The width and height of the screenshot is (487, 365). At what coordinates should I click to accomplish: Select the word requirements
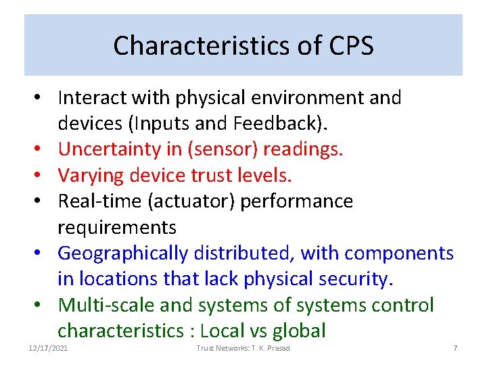point(117,227)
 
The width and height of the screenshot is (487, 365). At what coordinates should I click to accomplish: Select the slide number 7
point(455,347)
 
